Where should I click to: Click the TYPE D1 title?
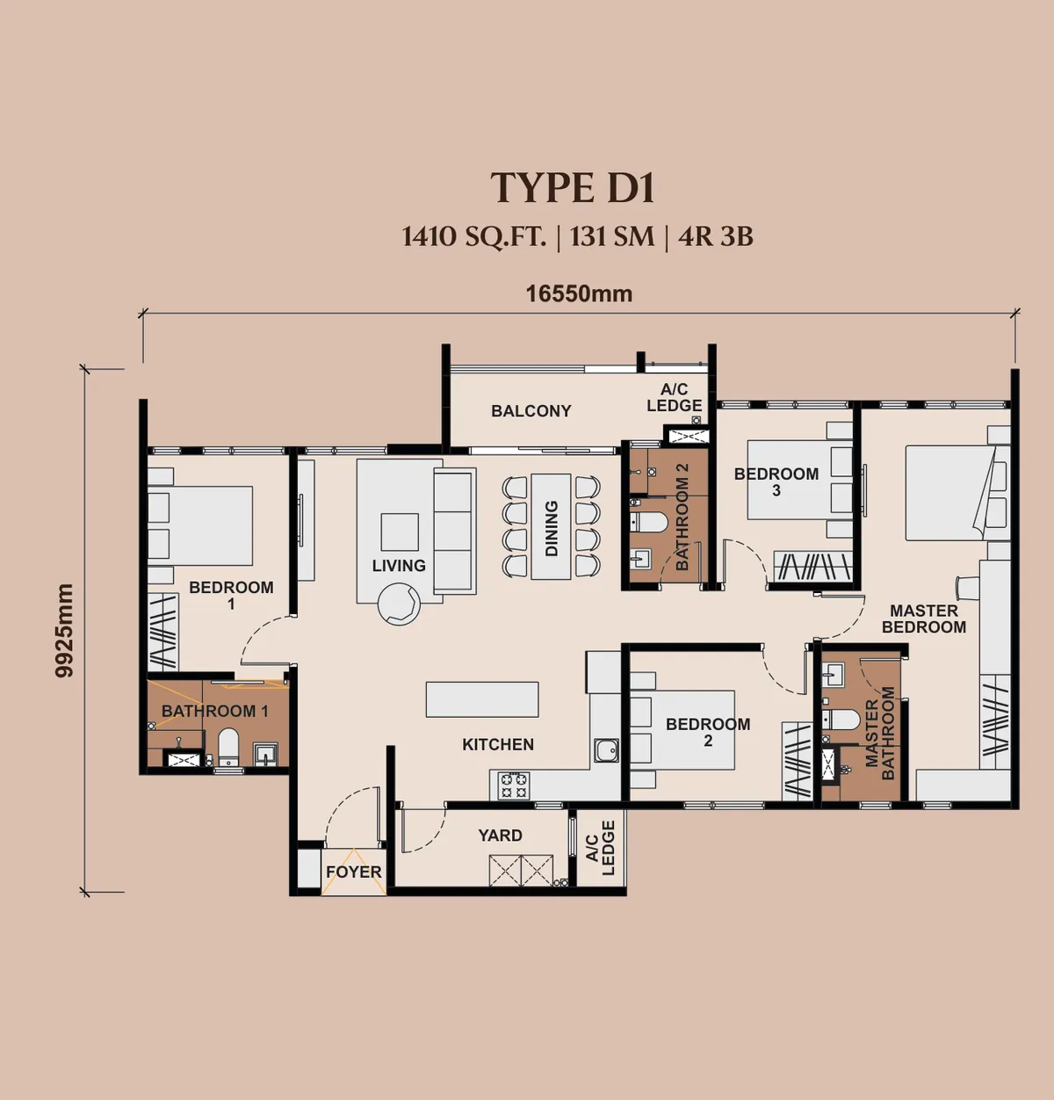(573, 188)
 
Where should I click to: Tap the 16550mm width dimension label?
(580, 294)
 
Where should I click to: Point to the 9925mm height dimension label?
(64, 630)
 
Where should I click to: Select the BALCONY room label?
(531, 411)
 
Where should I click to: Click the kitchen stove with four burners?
(514, 785)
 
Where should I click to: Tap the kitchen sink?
(606, 750)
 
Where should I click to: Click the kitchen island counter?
(482, 699)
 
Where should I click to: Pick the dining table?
(551, 527)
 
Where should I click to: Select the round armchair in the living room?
(399, 604)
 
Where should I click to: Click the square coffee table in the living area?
(400, 532)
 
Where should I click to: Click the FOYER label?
(354, 872)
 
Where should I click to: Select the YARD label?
(500, 836)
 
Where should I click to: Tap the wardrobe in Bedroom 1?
(162, 632)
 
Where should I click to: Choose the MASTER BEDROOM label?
(924, 619)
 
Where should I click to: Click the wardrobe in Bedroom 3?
(812, 566)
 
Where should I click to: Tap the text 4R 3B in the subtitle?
(716, 237)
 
